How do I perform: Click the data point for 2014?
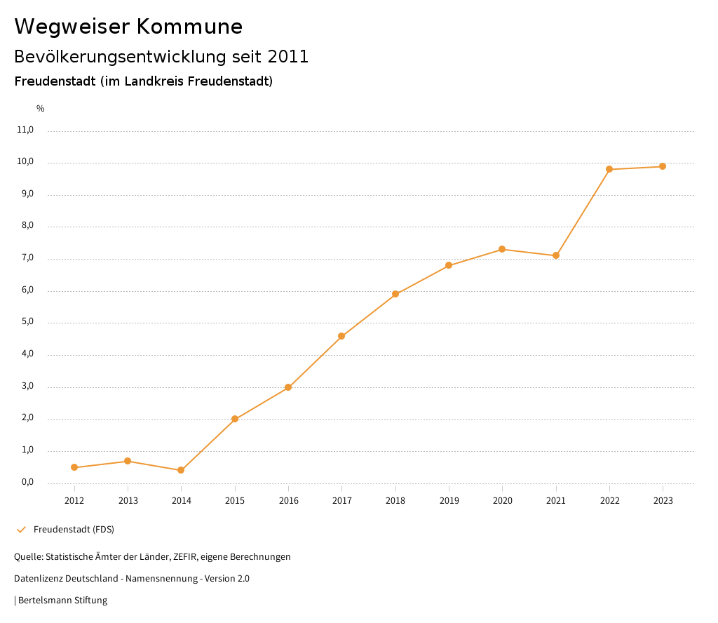pos(181,470)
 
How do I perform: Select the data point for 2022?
pos(609,169)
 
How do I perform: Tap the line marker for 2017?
pos(341,336)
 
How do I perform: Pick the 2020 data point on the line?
pos(502,249)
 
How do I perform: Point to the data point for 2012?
pos(74,467)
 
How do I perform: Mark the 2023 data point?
pos(663,166)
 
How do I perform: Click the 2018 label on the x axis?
pos(395,501)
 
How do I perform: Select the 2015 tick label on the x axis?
pos(235,501)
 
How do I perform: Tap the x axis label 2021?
pos(556,501)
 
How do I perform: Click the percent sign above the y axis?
pos(41,109)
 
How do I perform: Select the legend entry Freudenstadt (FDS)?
pos(74,530)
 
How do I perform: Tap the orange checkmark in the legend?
pos(21,530)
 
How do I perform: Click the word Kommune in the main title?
pos(189,27)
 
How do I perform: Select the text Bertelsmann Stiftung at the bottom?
pos(62,601)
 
